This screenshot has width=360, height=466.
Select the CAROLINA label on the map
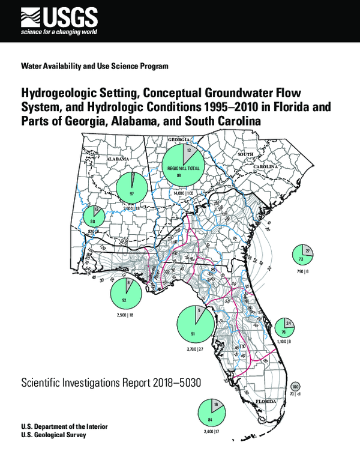pyautogui.click(x=265, y=166)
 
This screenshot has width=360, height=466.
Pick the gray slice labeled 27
pyautogui.click(x=307, y=251)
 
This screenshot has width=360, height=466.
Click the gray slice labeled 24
pyautogui.click(x=288, y=324)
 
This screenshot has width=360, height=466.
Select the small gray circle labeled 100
pyautogui.click(x=295, y=386)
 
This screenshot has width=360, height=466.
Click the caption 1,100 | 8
pyautogui.click(x=283, y=341)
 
